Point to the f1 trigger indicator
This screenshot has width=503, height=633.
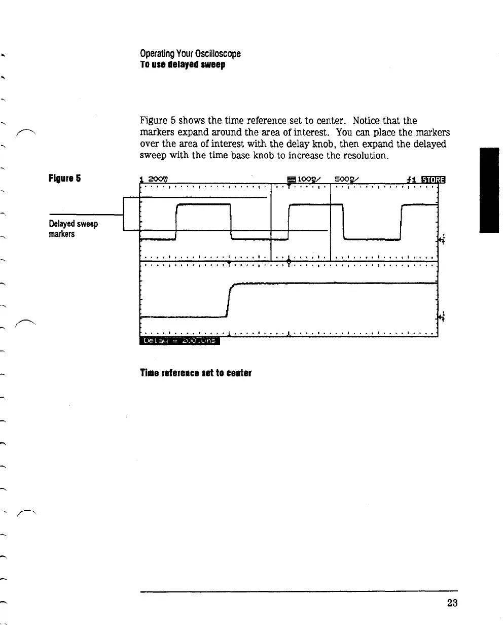[411, 179]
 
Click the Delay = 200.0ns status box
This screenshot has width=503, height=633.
[179, 340]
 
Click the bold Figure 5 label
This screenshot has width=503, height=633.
[64, 178]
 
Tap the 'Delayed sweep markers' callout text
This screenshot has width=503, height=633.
[73, 229]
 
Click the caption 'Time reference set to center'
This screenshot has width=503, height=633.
[196, 373]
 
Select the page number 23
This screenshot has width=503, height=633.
[452, 603]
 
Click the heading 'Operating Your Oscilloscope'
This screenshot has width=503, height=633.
[190, 53]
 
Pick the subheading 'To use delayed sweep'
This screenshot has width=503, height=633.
[182, 65]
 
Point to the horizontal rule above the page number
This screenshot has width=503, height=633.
[299, 591]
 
